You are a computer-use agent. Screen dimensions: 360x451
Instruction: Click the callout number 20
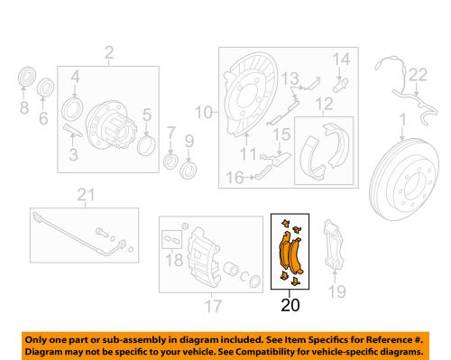click(289, 305)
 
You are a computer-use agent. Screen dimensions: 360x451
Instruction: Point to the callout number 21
click(86, 195)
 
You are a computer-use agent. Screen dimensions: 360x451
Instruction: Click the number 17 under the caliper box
click(211, 306)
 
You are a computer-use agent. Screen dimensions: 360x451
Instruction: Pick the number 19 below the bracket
click(336, 291)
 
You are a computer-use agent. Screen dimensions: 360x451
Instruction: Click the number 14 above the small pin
click(341, 60)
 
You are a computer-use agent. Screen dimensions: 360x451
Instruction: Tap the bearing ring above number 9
click(189, 170)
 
